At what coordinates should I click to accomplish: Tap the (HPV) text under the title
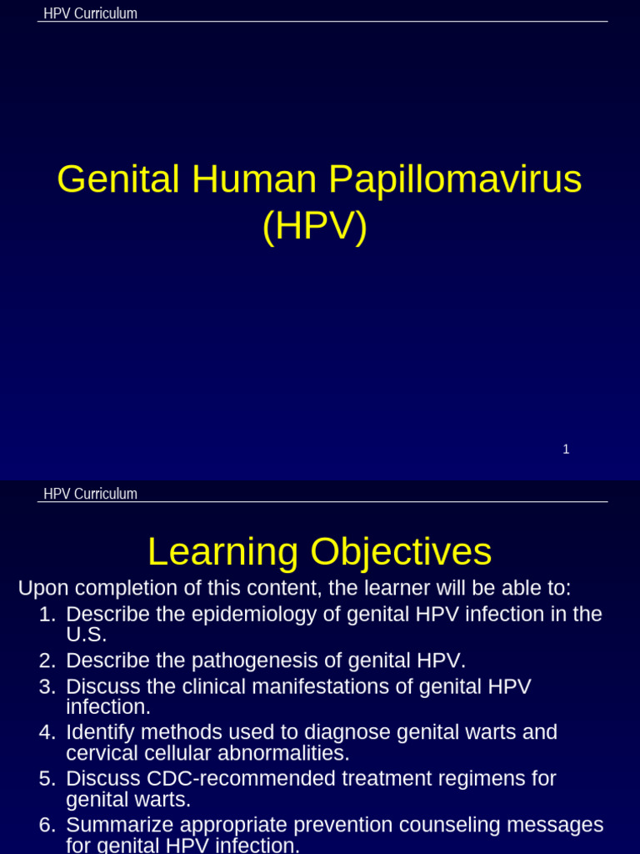314,227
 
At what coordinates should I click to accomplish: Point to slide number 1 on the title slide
566,450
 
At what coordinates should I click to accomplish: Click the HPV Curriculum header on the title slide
90,13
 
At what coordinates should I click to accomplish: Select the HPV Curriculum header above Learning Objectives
90,494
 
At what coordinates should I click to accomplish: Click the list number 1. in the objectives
47,615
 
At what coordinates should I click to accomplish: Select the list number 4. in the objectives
47,733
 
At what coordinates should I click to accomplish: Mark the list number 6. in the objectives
47,825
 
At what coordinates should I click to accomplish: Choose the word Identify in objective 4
100,733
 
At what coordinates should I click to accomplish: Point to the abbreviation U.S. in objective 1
87,635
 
